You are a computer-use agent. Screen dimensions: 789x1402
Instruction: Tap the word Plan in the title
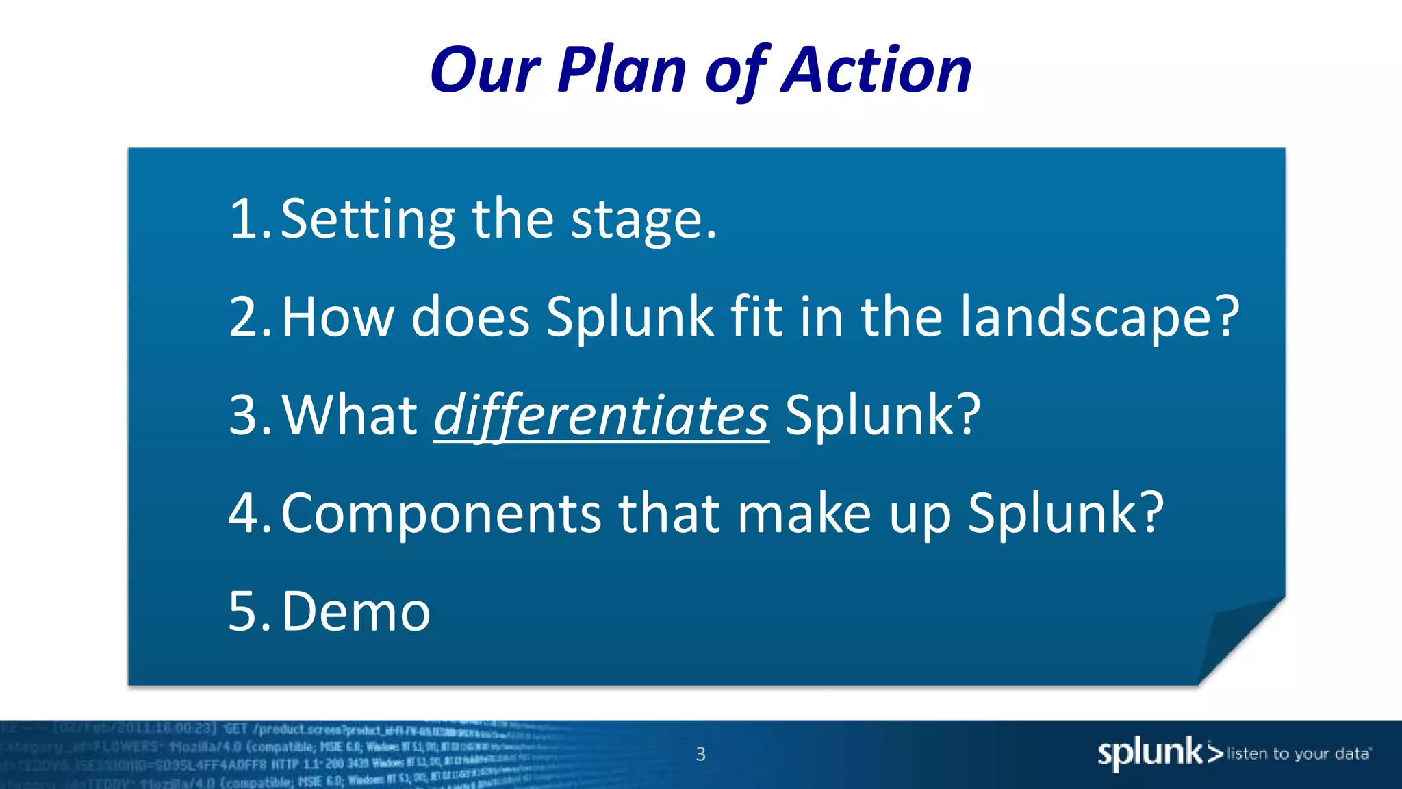[622, 70]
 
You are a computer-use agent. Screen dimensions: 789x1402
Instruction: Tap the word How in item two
[337, 317]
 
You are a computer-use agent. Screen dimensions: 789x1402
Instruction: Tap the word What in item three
[350, 415]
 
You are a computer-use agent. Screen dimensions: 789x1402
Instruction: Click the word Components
[441, 514]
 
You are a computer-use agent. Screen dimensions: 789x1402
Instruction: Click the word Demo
[356, 611]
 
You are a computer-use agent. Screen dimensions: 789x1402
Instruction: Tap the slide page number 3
[700, 754]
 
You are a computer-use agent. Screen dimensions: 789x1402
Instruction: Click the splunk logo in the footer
[1158, 753]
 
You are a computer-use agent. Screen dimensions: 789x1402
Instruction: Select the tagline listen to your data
[1299, 754]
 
